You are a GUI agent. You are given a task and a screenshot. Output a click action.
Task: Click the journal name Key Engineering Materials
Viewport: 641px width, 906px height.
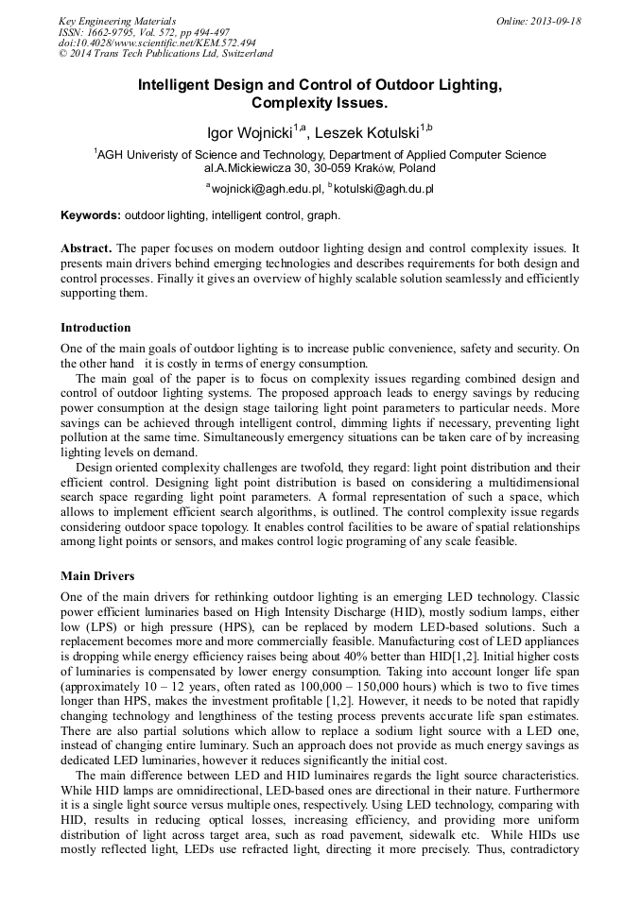pos(117,21)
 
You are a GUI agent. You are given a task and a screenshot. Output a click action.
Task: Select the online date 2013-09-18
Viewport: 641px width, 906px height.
pos(556,21)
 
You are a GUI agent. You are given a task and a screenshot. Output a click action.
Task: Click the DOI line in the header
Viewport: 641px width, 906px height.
pos(157,43)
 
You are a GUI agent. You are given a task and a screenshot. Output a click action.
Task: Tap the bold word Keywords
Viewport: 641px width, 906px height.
pos(91,215)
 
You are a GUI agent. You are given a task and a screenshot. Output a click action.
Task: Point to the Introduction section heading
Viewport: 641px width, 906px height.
pos(95,328)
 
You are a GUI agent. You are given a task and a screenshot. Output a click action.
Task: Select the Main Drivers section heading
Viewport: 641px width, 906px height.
pos(97,575)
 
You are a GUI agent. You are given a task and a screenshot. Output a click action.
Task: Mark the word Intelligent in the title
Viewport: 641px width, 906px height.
pos(179,84)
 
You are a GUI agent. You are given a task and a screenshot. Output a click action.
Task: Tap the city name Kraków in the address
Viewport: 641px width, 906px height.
pos(352,168)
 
